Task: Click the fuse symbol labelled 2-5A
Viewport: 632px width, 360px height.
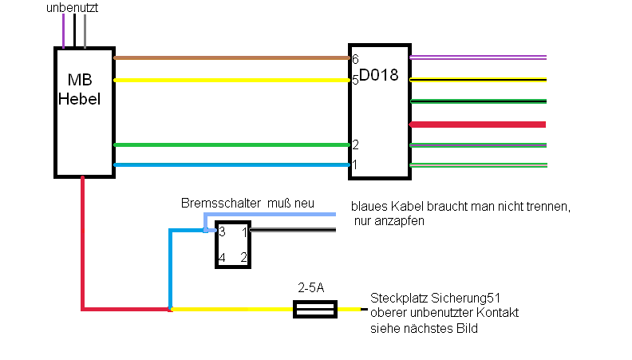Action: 314,309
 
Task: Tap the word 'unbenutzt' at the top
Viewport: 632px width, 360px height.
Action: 72,8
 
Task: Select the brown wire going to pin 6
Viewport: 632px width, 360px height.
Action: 231,58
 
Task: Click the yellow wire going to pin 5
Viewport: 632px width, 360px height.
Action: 231,81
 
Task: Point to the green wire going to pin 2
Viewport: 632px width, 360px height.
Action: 231,144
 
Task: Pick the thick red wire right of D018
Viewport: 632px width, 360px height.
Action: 477,125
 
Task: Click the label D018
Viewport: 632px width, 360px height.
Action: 378,75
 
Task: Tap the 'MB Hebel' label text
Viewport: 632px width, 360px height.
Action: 80,89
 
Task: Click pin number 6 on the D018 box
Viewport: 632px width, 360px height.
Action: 355,59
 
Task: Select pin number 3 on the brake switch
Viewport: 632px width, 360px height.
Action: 222,231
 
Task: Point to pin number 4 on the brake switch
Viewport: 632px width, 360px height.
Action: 222,258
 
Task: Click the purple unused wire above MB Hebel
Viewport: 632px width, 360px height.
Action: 63,31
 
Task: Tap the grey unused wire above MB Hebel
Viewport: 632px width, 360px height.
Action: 85,31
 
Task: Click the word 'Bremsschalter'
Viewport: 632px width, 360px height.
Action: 221,203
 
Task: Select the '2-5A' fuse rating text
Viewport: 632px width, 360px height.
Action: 310,287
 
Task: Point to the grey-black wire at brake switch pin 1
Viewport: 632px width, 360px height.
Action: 293,230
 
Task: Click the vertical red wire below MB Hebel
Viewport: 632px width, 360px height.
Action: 83,243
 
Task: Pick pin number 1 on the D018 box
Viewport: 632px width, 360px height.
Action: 355,164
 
